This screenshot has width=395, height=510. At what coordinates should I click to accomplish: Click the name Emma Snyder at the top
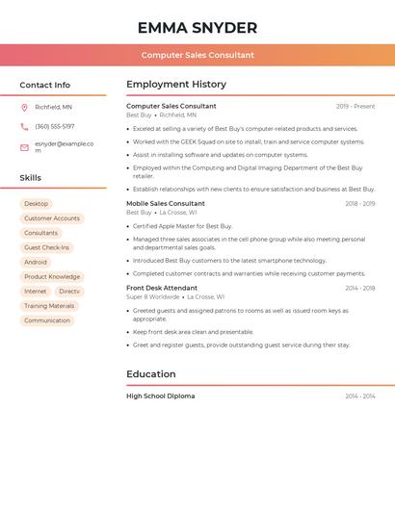pos(197,28)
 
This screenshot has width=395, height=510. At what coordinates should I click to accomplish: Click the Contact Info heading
pos(44,85)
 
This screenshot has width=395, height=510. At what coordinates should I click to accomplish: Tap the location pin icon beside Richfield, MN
pos(24,108)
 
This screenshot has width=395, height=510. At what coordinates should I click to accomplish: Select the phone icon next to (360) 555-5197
pos(24,126)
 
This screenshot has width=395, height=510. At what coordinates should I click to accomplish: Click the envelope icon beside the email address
pos(24,147)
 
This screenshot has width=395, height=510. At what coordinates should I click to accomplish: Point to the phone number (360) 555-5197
pos(55,126)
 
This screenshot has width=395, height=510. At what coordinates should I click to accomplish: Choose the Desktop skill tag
pos(36,204)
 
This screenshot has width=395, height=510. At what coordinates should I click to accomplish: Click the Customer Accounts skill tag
pos(52,218)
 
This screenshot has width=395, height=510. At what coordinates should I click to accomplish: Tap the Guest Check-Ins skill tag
pos(46,247)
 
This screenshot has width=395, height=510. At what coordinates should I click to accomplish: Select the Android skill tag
pos(36,262)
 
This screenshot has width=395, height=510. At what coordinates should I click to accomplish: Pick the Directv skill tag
pos(69,291)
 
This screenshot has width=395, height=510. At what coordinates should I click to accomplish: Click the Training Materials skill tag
pos(49,306)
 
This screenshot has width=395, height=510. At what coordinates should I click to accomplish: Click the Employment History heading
pos(176,85)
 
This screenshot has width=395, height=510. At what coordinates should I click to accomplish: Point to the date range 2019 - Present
pos(355,107)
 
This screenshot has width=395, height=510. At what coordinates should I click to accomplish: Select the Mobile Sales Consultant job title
pos(166,204)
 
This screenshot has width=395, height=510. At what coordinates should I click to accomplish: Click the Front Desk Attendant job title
pos(162,288)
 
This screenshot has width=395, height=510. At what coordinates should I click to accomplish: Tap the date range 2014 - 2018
pos(360,288)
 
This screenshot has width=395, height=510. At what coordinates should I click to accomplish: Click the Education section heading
pos(151,374)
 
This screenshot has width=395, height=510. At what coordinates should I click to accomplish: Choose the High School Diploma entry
pos(161,396)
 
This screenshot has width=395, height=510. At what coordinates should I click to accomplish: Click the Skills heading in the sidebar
pos(31,178)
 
